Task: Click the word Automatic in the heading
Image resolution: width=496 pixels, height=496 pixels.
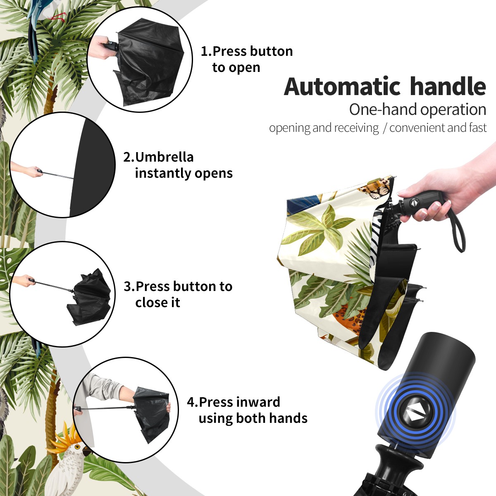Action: (342, 86)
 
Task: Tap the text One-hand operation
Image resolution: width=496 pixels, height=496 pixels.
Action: (417, 110)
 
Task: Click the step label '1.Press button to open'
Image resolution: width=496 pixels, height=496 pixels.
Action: (247, 59)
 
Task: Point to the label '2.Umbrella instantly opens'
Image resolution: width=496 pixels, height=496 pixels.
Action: (178, 165)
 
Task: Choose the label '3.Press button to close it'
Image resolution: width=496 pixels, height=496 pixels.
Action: (178, 294)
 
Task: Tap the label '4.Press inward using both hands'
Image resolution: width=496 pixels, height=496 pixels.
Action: (247, 410)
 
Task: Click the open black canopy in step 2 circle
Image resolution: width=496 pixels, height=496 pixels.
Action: (92, 167)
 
